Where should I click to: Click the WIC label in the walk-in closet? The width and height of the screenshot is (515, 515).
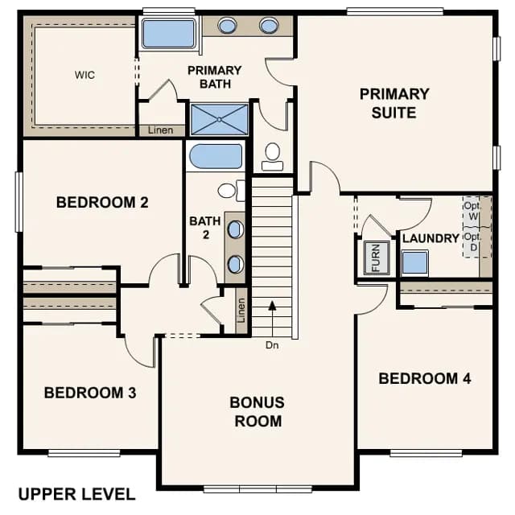[x=84, y=75]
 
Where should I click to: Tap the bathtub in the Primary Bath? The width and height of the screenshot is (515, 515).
[x=169, y=34]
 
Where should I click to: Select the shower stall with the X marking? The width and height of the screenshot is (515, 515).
[x=220, y=120]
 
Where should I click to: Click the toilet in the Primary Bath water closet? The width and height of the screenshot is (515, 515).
[x=272, y=156]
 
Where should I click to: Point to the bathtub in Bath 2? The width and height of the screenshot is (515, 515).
[x=216, y=156]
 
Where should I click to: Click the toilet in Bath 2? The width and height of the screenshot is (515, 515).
[x=231, y=191]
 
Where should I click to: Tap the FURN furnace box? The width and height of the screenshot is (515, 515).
[x=377, y=257]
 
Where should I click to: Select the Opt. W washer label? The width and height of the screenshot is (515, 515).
[x=472, y=211]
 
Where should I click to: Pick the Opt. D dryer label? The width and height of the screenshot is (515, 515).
[x=472, y=241]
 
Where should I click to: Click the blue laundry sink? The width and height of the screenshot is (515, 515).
[x=415, y=262]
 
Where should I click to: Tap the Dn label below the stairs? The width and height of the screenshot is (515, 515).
[x=272, y=345]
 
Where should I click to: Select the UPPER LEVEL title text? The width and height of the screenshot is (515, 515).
[x=77, y=494]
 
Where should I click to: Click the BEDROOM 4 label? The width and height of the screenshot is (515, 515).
[x=425, y=378]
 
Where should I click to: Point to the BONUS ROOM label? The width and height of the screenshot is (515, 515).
[x=257, y=412]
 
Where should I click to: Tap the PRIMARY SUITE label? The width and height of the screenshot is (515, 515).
[x=394, y=104]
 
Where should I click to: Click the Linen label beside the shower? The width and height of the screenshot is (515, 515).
[x=160, y=130]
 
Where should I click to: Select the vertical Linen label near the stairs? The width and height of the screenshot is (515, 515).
[x=241, y=311]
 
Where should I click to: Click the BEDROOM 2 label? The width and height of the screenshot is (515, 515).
[x=102, y=202]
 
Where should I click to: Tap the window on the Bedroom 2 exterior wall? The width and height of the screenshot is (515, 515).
[x=19, y=202]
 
